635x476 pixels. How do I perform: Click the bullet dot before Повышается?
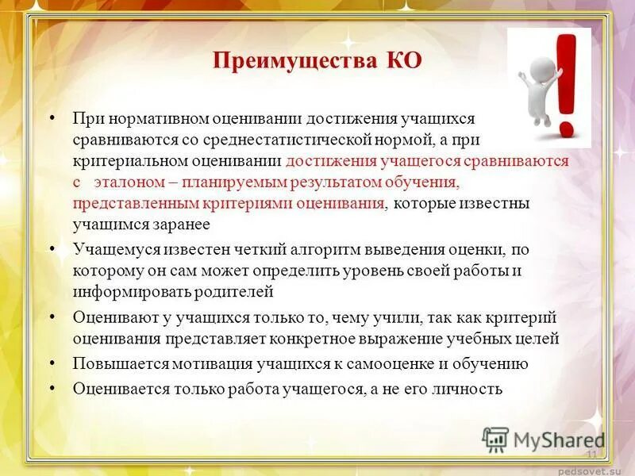click(52, 363)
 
